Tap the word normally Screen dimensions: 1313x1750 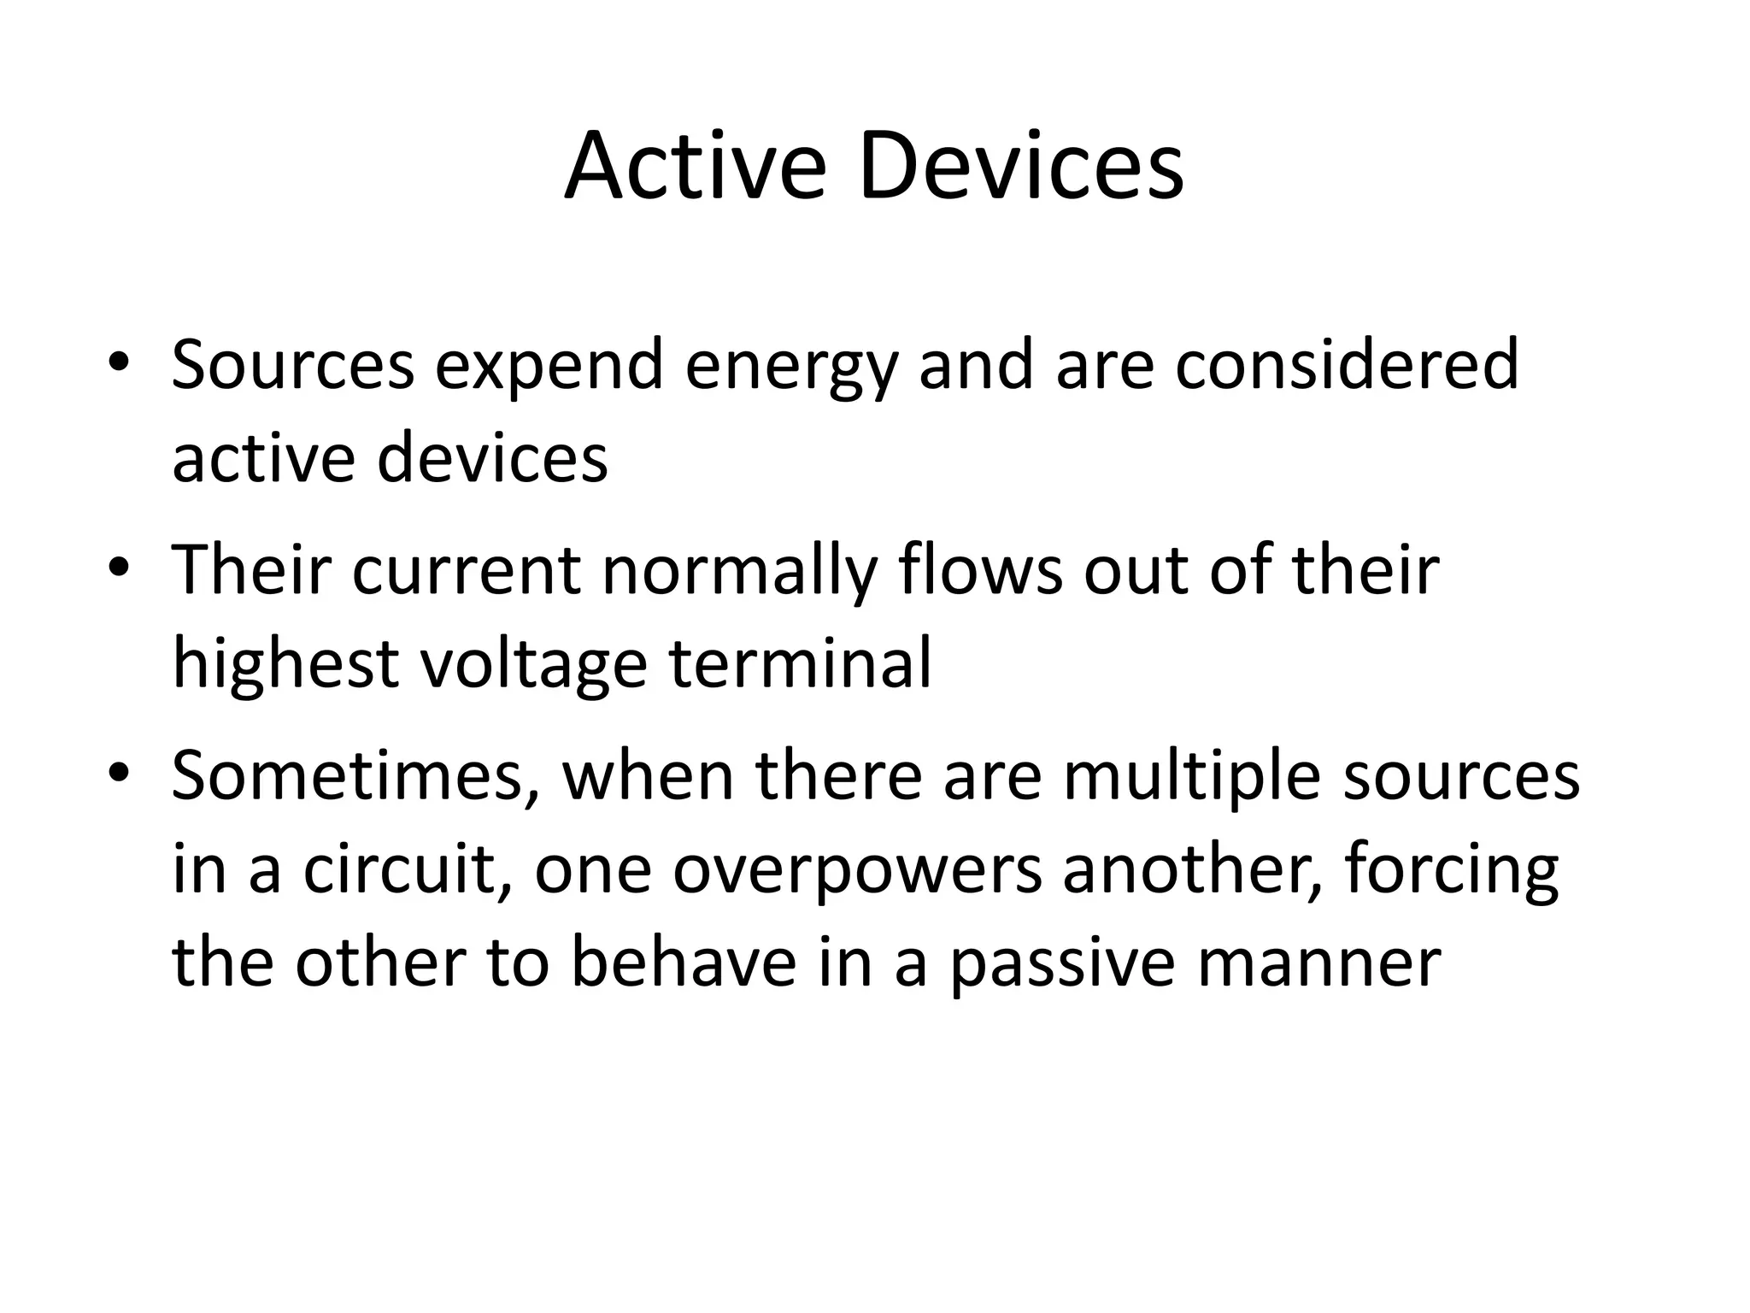740,572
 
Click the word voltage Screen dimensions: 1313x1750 534,665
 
